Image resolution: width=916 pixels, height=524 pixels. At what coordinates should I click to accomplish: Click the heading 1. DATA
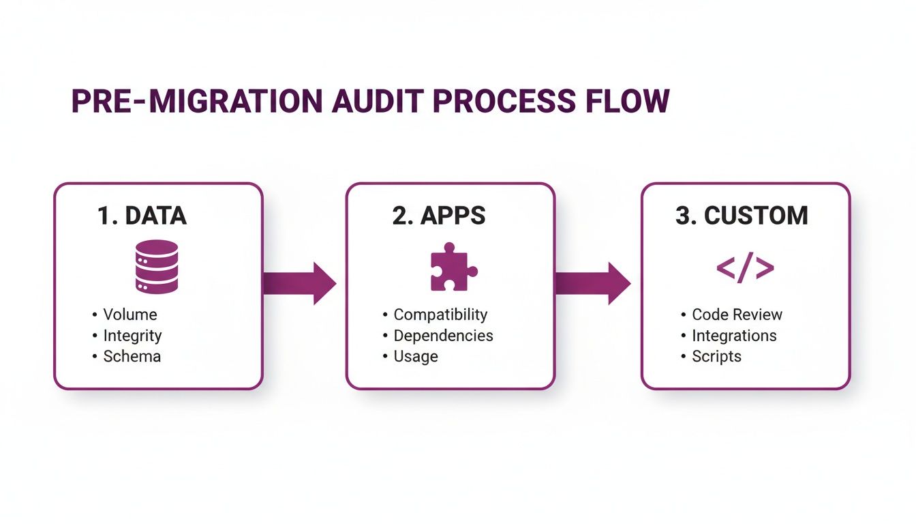142,216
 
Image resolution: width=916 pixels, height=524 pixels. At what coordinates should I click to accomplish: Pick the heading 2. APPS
439,216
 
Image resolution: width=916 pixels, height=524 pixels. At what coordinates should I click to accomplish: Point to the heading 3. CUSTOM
742,216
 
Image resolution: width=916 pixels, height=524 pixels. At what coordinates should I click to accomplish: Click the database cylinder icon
157,266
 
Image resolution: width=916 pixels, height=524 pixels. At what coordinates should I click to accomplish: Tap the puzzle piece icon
453,267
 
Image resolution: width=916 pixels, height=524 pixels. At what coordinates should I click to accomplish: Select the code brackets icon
745,268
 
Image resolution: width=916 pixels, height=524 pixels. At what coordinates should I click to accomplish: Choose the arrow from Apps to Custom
592,282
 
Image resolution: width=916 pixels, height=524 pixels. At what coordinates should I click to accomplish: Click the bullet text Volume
129,315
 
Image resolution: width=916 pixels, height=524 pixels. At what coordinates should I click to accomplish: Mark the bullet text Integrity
132,336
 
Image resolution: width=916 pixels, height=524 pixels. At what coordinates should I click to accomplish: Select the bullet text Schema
132,356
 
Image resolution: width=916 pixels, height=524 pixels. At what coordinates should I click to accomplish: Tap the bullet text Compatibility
440,315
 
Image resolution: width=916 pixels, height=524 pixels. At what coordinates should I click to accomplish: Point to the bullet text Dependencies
443,336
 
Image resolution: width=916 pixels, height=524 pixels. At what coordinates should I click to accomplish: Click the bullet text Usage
415,356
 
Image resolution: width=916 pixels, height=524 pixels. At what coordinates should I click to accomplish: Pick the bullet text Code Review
737,315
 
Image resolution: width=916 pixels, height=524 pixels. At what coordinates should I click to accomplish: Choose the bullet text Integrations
734,336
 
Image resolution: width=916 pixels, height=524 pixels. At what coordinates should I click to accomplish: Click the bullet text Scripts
716,356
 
